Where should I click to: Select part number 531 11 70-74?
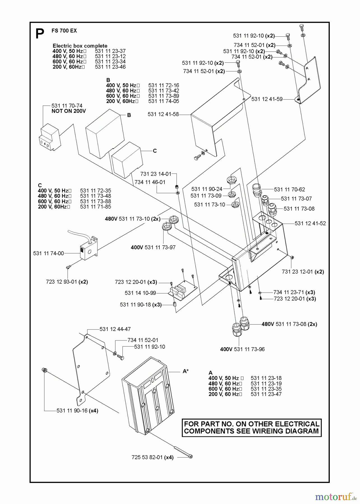67,106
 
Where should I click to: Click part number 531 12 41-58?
163,114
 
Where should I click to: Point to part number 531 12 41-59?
267,99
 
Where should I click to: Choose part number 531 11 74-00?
48,253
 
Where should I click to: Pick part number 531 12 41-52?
310,223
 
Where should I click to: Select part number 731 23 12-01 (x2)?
303,272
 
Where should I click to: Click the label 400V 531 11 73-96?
242,349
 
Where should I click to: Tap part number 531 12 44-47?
115,329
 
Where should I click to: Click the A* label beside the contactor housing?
185,371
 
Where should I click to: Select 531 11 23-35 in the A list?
266,389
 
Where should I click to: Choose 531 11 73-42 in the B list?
164,91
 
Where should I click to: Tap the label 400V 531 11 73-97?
153,248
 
